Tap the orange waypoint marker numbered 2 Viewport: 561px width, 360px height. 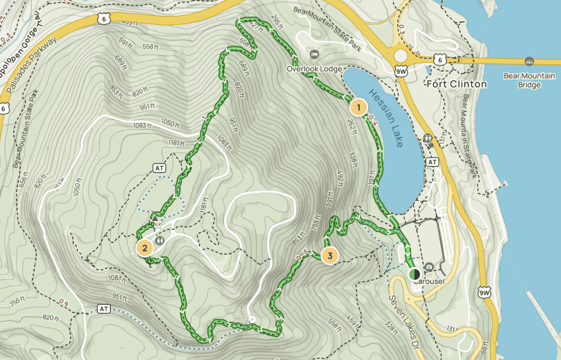(x=144, y=248)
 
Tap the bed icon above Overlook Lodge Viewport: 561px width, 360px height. (x=315, y=55)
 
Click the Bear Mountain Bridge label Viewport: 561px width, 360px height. (x=529, y=80)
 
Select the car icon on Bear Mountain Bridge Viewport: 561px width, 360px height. (x=529, y=61)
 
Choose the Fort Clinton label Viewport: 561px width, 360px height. (x=457, y=84)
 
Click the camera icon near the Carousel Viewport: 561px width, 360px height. (x=429, y=267)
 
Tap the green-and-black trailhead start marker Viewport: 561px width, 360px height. (x=414, y=274)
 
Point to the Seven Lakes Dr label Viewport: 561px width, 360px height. (x=402, y=317)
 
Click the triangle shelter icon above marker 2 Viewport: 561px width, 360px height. (x=155, y=218)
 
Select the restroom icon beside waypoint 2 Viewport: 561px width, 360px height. (x=160, y=240)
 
